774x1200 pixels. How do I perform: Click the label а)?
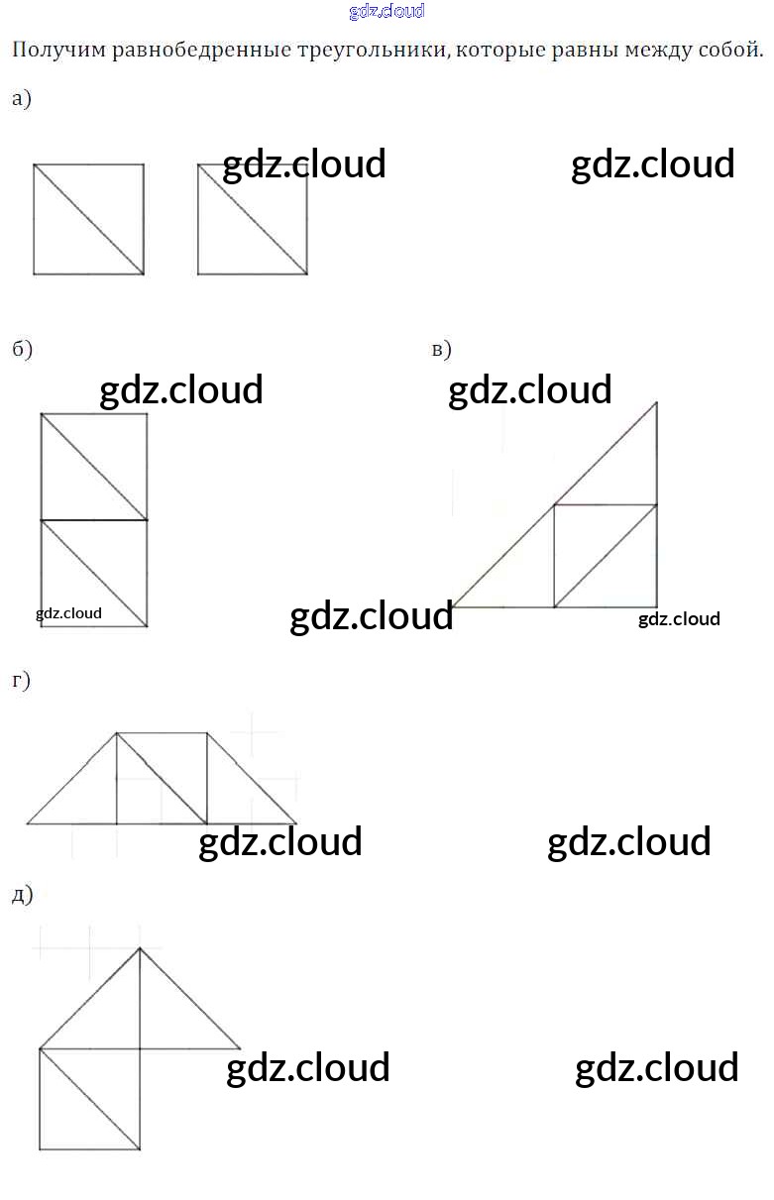tap(22, 99)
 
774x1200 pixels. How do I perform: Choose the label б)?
tap(22, 349)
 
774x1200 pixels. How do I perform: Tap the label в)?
tap(442, 349)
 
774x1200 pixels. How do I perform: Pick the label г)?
tap(21, 680)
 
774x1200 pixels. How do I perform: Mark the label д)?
tap(22, 895)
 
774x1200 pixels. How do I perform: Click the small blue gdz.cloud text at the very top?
tap(387, 12)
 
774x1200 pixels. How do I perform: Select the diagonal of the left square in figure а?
tap(88, 219)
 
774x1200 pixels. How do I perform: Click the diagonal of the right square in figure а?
tap(252, 219)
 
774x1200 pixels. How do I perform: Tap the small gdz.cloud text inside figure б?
tap(68, 613)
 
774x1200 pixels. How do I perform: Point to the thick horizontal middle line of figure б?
tap(93, 519)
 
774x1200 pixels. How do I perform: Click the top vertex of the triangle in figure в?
tap(656, 401)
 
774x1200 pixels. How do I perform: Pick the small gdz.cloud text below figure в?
tap(679, 619)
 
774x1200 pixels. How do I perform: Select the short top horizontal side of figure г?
tap(162, 733)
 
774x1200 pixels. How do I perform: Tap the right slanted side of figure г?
tap(252, 778)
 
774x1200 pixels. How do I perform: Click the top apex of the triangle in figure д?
tap(140, 948)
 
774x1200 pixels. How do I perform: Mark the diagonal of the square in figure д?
tap(89, 1099)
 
